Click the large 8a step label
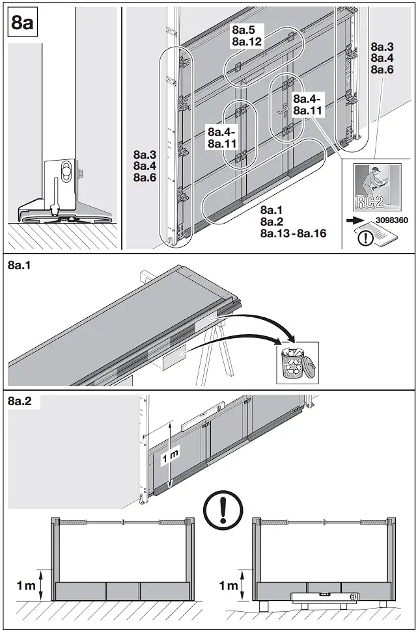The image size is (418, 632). pyautogui.click(x=22, y=23)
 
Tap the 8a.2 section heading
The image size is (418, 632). pyautogui.click(x=19, y=401)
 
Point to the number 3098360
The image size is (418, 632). pyautogui.click(x=392, y=220)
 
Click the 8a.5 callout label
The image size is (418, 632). pyautogui.click(x=245, y=30)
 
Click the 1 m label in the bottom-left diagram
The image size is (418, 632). pyautogui.click(x=25, y=586)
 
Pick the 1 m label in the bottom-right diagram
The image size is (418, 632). pyautogui.click(x=228, y=586)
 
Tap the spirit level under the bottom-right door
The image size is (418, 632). pyautogui.click(x=324, y=597)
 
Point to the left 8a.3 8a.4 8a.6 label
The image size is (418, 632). pyautogui.click(x=145, y=166)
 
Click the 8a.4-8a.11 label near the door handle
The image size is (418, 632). pyautogui.click(x=308, y=105)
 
